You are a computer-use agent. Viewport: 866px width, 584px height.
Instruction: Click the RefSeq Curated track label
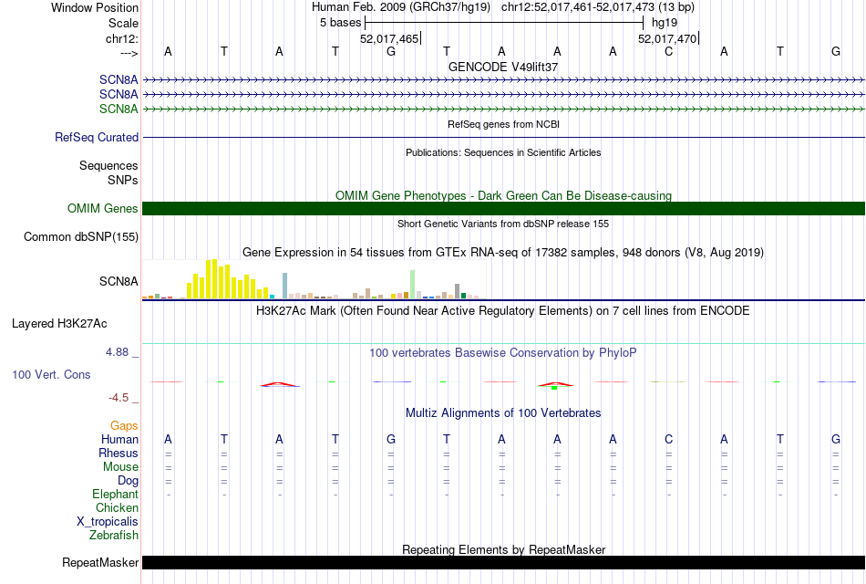(97, 138)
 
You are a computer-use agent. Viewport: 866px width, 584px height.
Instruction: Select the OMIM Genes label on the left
(103, 209)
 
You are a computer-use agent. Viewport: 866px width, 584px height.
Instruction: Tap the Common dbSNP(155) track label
(81, 237)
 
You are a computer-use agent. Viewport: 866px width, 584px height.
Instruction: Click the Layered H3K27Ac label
(59, 323)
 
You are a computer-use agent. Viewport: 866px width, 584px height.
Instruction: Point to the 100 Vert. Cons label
(51, 375)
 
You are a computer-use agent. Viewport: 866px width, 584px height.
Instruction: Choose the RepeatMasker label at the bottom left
(99, 563)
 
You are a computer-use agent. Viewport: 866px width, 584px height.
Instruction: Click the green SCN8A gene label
(119, 109)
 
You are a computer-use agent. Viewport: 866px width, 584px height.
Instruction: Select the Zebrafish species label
(114, 536)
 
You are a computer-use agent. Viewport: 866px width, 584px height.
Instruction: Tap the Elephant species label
(115, 495)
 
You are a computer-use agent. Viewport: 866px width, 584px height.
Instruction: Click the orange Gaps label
(124, 426)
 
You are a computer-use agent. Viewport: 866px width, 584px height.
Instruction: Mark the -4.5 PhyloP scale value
(120, 398)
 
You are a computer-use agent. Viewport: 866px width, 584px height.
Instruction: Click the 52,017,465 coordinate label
(389, 39)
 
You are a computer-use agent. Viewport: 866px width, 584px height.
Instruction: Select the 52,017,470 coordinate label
(667, 39)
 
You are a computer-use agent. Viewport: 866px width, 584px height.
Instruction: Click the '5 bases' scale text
(340, 23)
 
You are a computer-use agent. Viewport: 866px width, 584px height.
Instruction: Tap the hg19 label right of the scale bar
(664, 23)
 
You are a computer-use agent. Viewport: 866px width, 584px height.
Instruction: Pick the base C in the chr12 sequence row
(668, 52)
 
